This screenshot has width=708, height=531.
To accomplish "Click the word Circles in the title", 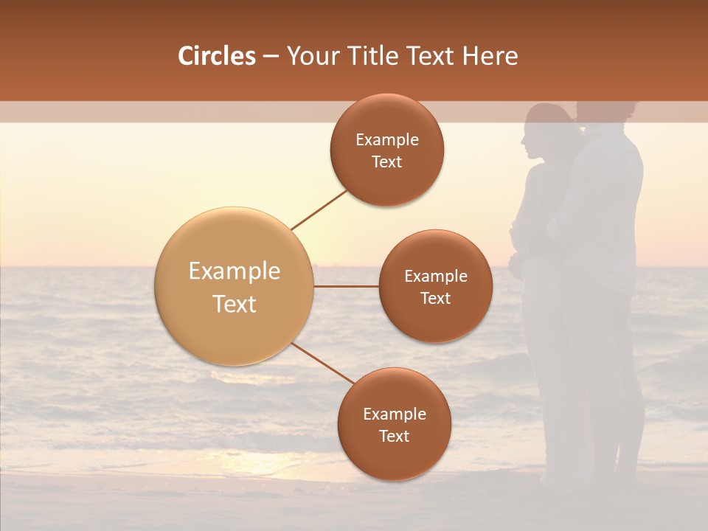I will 217,56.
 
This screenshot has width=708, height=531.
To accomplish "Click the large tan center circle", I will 235,286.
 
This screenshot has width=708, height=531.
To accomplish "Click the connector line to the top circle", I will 319,209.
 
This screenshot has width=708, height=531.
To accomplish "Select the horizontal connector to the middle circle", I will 347,286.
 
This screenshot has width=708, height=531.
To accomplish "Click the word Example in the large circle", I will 235,271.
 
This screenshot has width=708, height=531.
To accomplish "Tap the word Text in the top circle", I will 387,162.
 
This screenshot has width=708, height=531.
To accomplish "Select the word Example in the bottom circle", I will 395,414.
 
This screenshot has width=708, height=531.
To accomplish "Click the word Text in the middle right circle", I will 435,298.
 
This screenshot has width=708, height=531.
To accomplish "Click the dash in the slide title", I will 271,56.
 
